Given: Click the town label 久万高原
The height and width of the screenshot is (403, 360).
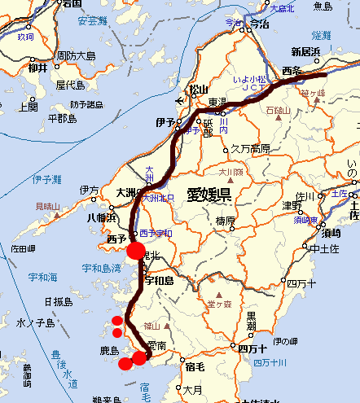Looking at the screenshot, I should pyautogui.click(x=249, y=149).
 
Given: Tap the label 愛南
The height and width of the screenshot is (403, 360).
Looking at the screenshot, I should pyautogui.click(x=158, y=346).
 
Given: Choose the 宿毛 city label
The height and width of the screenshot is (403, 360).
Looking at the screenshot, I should pyautogui.click(x=195, y=366).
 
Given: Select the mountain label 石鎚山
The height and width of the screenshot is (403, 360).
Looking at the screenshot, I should pyautogui.click(x=278, y=108).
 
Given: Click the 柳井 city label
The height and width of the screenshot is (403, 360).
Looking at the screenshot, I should pyautogui.click(x=37, y=68).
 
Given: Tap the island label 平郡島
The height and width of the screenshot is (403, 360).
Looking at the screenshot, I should pyautogui.click(x=62, y=119).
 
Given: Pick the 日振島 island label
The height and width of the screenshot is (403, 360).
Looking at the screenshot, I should pyautogui.click(x=59, y=301).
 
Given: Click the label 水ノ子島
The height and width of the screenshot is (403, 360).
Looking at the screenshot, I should pyautogui.click(x=35, y=323).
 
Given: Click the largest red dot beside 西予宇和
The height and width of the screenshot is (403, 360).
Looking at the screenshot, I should pyautogui.click(x=136, y=250).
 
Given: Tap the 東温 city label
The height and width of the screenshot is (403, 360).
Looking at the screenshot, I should pyautogui.click(x=217, y=103).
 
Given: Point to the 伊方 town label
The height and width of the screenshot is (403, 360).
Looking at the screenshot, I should pyautogui.click(x=90, y=191).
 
